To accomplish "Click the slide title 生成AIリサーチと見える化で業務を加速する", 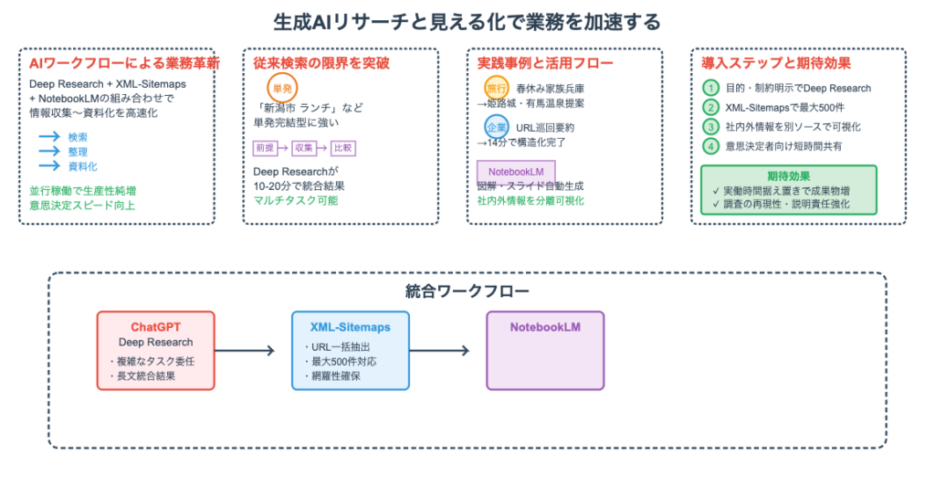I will click(467, 21).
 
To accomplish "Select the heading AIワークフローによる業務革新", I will click(124, 64).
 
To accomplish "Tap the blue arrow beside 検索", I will click(48, 137).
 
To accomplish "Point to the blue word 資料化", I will click(83, 166).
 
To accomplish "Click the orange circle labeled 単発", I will click(281, 88).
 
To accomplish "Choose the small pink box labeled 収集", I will click(303, 147).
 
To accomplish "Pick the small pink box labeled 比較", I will click(343, 147).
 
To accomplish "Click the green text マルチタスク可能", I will click(296, 199).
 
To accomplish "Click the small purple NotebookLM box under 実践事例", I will click(516, 171).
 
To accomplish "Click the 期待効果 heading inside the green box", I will click(789, 175).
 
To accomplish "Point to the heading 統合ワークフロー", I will click(467, 292).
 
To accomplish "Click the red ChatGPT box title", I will click(156, 326).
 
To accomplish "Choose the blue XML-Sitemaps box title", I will click(351, 326).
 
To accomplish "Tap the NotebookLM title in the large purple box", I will click(545, 326).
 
